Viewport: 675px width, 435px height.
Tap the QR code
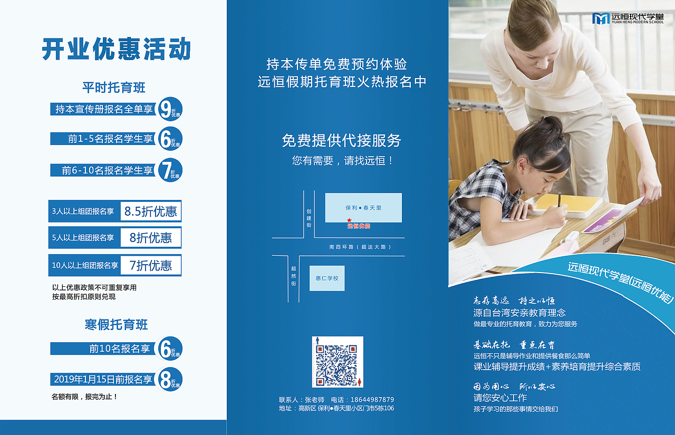337,362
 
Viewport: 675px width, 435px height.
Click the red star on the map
349,220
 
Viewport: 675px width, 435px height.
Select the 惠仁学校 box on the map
327,278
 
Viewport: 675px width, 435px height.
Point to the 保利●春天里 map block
363,207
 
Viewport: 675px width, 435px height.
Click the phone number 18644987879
372,400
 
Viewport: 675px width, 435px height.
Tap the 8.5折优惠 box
151,211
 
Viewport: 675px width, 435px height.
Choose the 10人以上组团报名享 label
85,265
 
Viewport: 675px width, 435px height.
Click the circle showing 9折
170,109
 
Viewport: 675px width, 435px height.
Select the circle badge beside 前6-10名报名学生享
170,170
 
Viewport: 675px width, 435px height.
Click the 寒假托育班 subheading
116,324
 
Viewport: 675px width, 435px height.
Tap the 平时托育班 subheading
113,87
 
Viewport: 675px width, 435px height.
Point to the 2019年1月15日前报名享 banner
103,379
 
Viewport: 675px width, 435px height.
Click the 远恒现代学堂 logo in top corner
627,18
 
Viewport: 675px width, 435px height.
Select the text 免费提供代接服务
341,141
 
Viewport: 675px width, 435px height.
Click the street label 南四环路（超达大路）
360,247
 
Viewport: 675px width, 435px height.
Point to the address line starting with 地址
336,409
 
